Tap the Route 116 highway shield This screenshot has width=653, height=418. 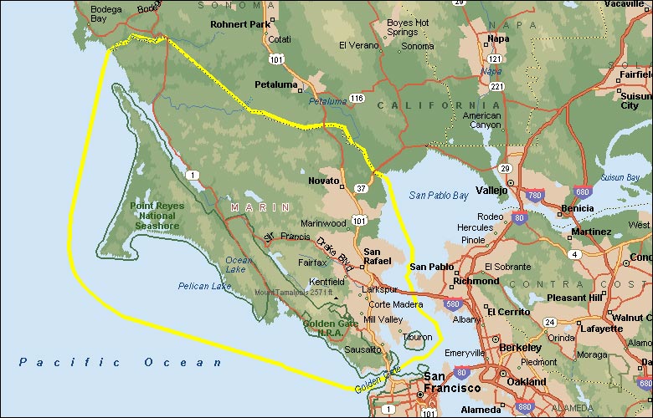pos(357,99)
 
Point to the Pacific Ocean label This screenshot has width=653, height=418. pos(121,362)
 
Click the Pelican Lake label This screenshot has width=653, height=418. pos(204,287)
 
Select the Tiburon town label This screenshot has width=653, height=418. pos(419,338)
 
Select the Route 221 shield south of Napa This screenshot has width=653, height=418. pos(496,86)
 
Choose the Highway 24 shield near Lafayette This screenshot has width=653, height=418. pos(550,322)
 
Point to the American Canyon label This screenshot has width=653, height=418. pos(481,121)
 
